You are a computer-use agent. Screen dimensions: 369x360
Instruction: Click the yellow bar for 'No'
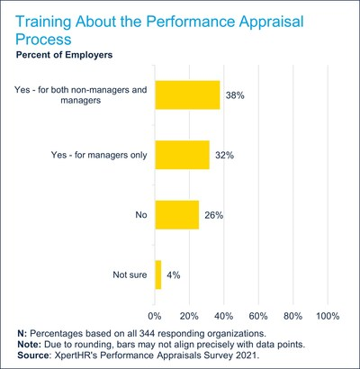pyautogui.click(x=177, y=214)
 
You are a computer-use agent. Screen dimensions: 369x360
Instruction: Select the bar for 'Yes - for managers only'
pyautogui.click(x=183, y=155)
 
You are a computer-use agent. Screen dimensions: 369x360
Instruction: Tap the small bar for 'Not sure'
pyautogui.click(x=158, y=274)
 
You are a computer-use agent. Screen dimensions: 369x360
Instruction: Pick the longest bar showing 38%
pyautogui.click(x=188, y=95)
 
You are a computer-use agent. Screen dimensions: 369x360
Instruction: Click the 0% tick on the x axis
pyautogui.click(x=156, y=316)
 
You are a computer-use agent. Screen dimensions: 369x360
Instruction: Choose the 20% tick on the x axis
pyautogui.click(x=190, y=316)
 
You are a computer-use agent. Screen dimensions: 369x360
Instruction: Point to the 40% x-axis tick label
pyautogui.click(x=224, y=316)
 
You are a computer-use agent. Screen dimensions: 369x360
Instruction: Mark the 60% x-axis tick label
pyautogui.click(x=258, y=316)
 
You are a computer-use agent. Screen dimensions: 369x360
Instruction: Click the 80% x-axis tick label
pyautogui.click(x=292, y=316)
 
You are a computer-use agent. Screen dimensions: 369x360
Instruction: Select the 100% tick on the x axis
pyautogui.click(x=328, y=316)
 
